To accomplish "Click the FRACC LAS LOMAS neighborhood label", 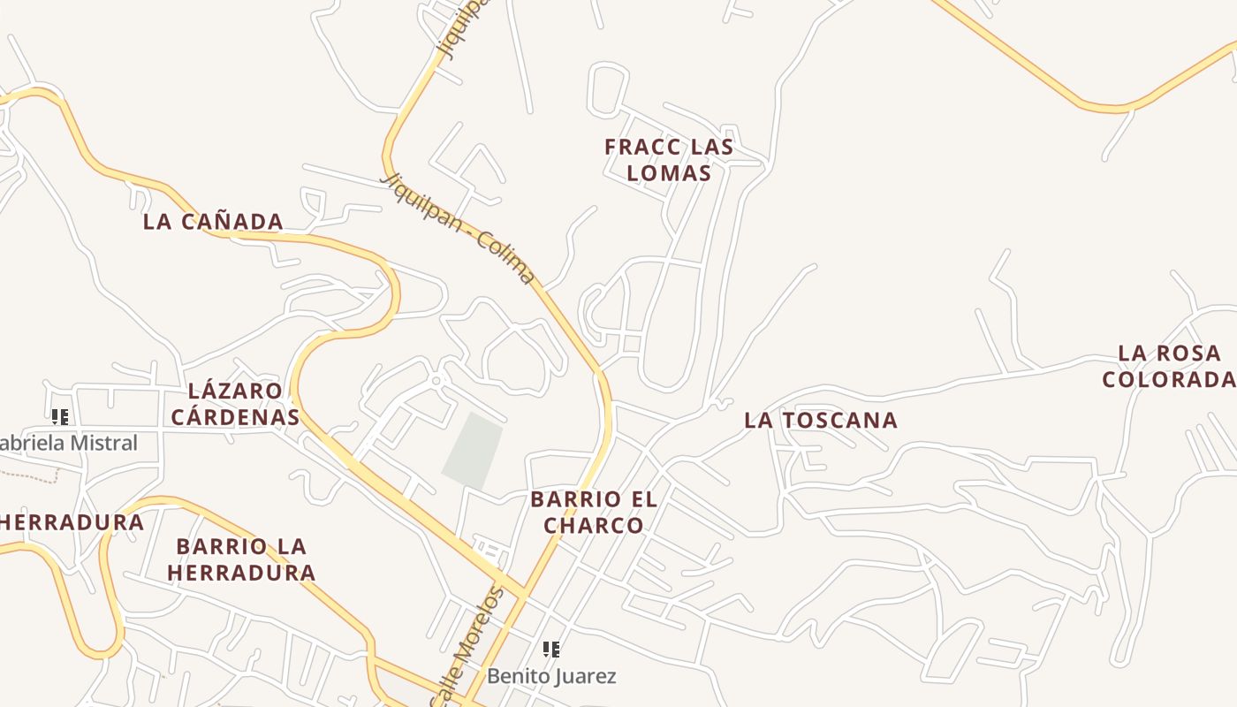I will coord(669,160).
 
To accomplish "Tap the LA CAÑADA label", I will coord(213,222).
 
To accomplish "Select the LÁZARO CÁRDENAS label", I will coord(235,404).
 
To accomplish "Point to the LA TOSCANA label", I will coord(821,421).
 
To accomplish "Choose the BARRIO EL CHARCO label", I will coord(594,513).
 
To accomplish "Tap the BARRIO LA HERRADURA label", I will coord(241,559).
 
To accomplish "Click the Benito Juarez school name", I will coord(551,677).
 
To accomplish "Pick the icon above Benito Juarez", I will coord(551,650).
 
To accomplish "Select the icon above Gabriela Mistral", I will coord(60,417).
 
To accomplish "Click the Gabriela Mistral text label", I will coord(69,444).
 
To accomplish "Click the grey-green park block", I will coord(473,449).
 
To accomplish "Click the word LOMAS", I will coord(669,173).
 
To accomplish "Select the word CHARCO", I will coord(594,526).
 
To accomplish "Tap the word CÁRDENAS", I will coord(235,417).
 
